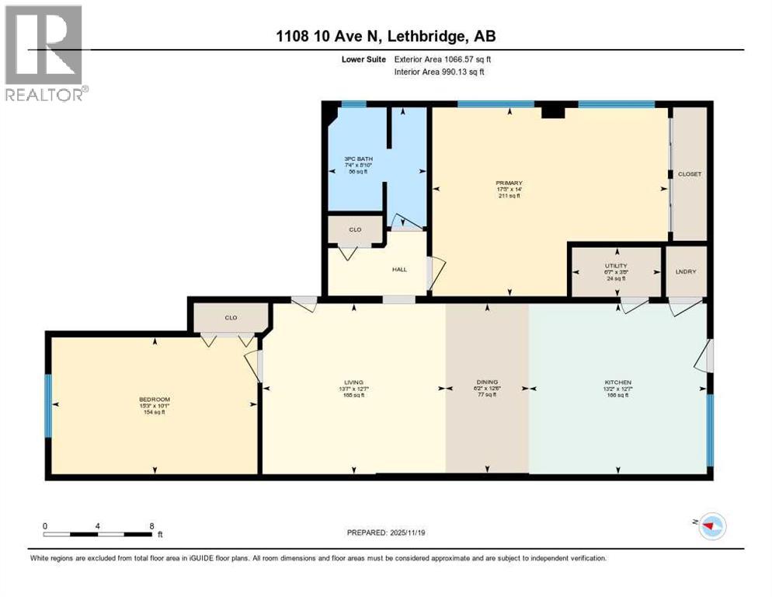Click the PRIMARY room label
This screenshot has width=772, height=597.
pyautogui.click(x=509, y=183)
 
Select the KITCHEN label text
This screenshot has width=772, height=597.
pyautogui.click(x=617, y=382)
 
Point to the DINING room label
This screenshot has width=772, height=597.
pyautogui.click(x=487, y=382)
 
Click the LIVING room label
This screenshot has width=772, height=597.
pyautogui.click(x=354, y=382)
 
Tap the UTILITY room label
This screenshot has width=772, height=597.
pyautogui.click(x=617, y=266)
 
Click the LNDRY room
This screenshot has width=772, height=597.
pyautogui.click(x=687, y=271)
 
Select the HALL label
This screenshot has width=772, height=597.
pyautogui.click(x=398, y=270)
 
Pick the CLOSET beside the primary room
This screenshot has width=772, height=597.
pyautogui.click(x=689, y=174)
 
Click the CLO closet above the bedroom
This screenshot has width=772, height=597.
pyautogui.click(x=231, y=317)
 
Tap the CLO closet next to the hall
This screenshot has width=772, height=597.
pyautogui.click(x=354, y=230)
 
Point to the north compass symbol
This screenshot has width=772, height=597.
pyautogui.click(x=712, y=526)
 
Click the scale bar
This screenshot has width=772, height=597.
pyautogui.click(x=98, y=534)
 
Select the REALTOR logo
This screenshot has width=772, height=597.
pyautogui.click(x=45, y=53)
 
